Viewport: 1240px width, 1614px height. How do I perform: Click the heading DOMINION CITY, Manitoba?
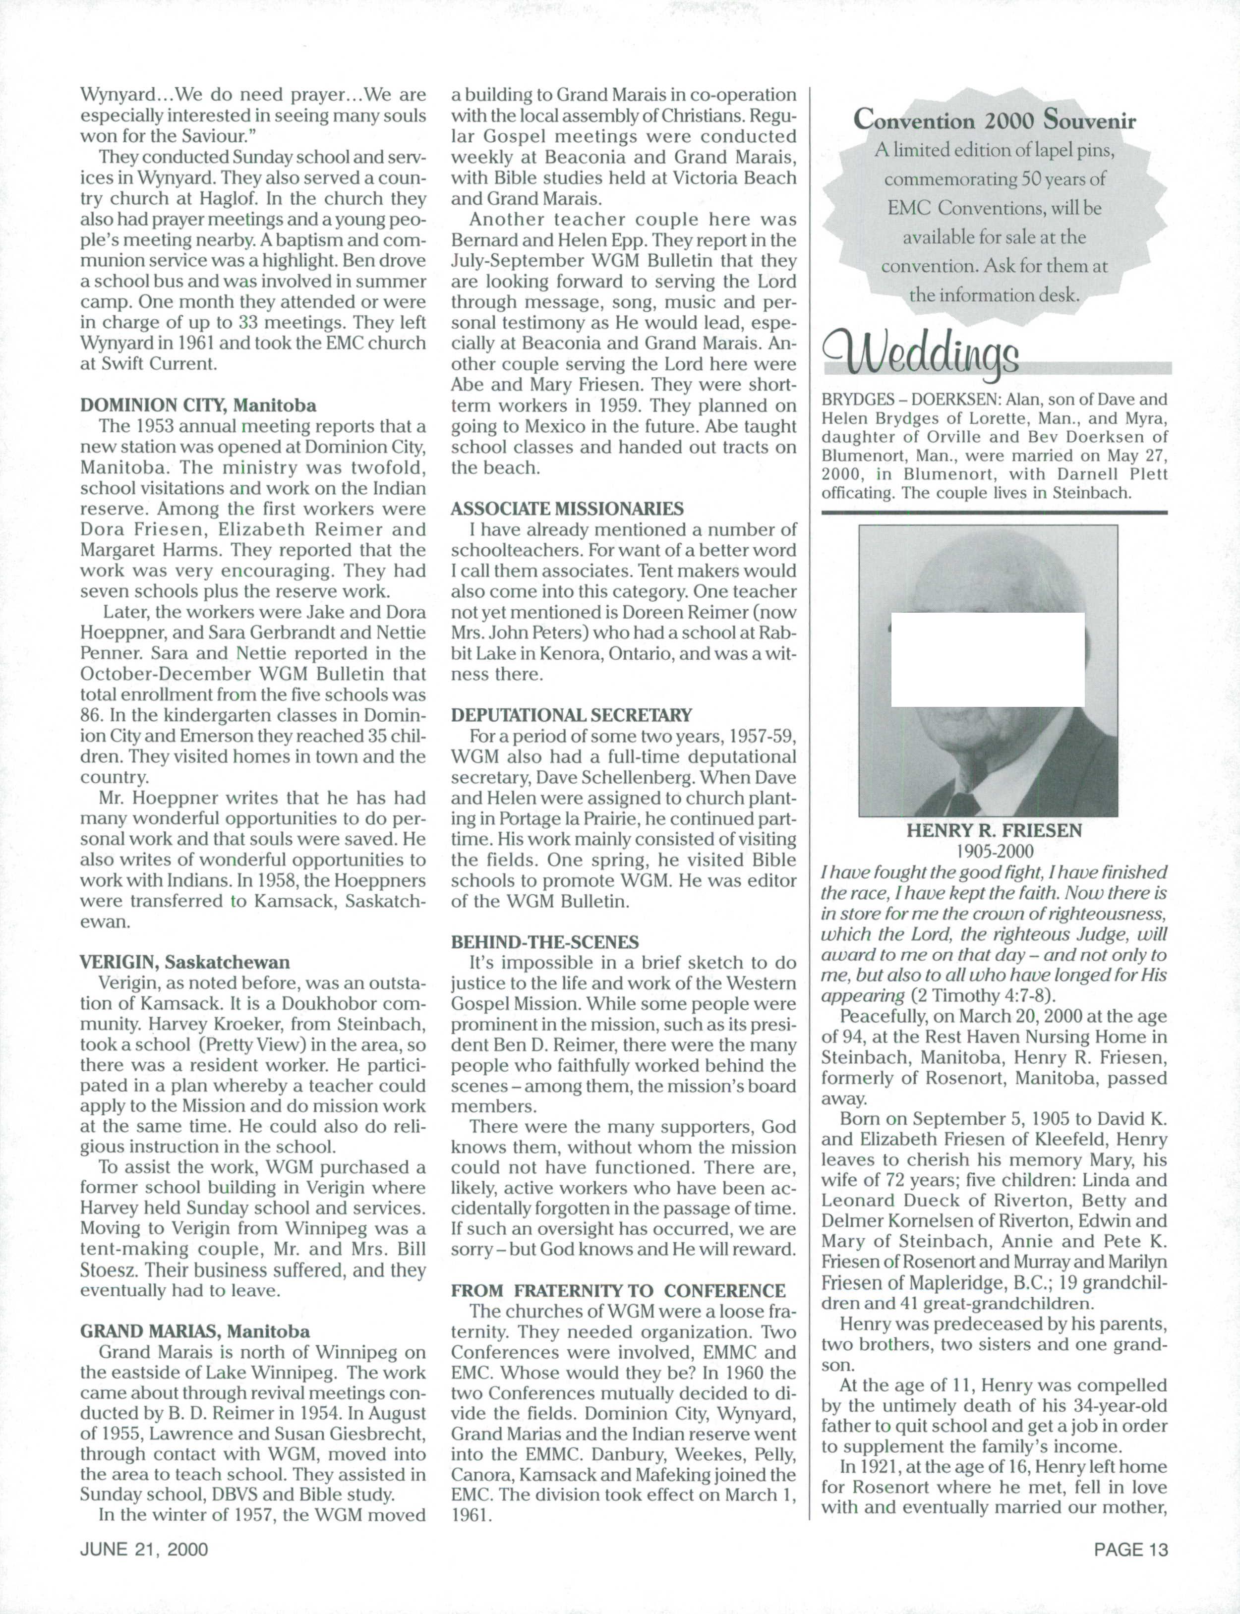coord(198,405)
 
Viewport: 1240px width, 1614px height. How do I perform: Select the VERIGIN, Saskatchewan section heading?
coord(184,962)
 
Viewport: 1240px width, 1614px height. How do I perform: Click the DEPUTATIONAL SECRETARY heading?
coord(571,715)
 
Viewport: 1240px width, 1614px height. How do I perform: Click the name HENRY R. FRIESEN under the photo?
coord(994,830)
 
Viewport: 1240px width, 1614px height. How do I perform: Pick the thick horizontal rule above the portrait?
coord(994,512)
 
